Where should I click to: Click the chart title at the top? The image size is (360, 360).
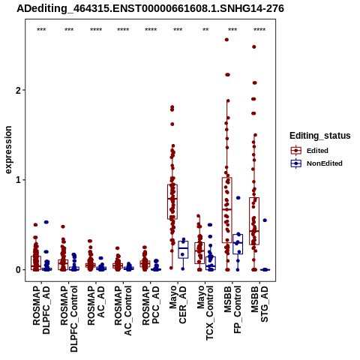(x=150, y=8)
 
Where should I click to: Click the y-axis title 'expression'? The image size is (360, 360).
(x=8, y=150)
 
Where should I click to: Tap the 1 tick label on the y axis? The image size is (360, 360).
(x=19, y=180)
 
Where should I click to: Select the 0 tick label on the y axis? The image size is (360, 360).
(x=19, y=270)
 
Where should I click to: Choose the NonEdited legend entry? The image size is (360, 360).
(x=316, y=163)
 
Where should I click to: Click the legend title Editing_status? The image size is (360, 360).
(x=320, y=136)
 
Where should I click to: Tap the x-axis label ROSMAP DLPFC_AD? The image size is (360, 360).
(x=41, y=310)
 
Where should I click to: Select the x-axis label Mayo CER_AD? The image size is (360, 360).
(x=178, y=304)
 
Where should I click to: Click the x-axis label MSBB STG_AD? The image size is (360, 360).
(x=259, y=304)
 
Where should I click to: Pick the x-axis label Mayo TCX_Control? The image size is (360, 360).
(x=205, y=313)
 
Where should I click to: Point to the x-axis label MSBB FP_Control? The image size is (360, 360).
(x=232, y=310)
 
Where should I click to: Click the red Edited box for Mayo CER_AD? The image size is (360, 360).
(x=172, y=202)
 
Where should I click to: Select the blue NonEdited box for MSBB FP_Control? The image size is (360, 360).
(x=238, y=244)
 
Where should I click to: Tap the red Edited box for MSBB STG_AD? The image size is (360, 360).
(x=254, y=221)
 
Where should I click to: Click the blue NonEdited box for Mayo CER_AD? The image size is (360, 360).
(x=183, y=250)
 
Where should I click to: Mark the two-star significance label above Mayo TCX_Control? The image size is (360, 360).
(x=205, y=30)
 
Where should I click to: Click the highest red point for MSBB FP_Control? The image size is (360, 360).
(x=226, y=40)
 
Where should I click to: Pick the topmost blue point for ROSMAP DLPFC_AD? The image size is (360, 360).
(x=46, y=222)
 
